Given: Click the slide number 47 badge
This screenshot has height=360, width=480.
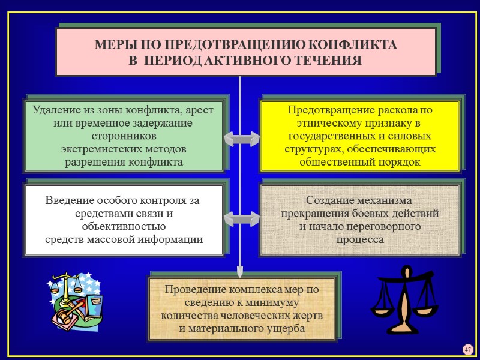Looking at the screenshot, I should click(x=468, y=349).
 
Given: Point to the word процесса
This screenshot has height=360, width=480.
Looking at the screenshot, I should click(x=358, y=239).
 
